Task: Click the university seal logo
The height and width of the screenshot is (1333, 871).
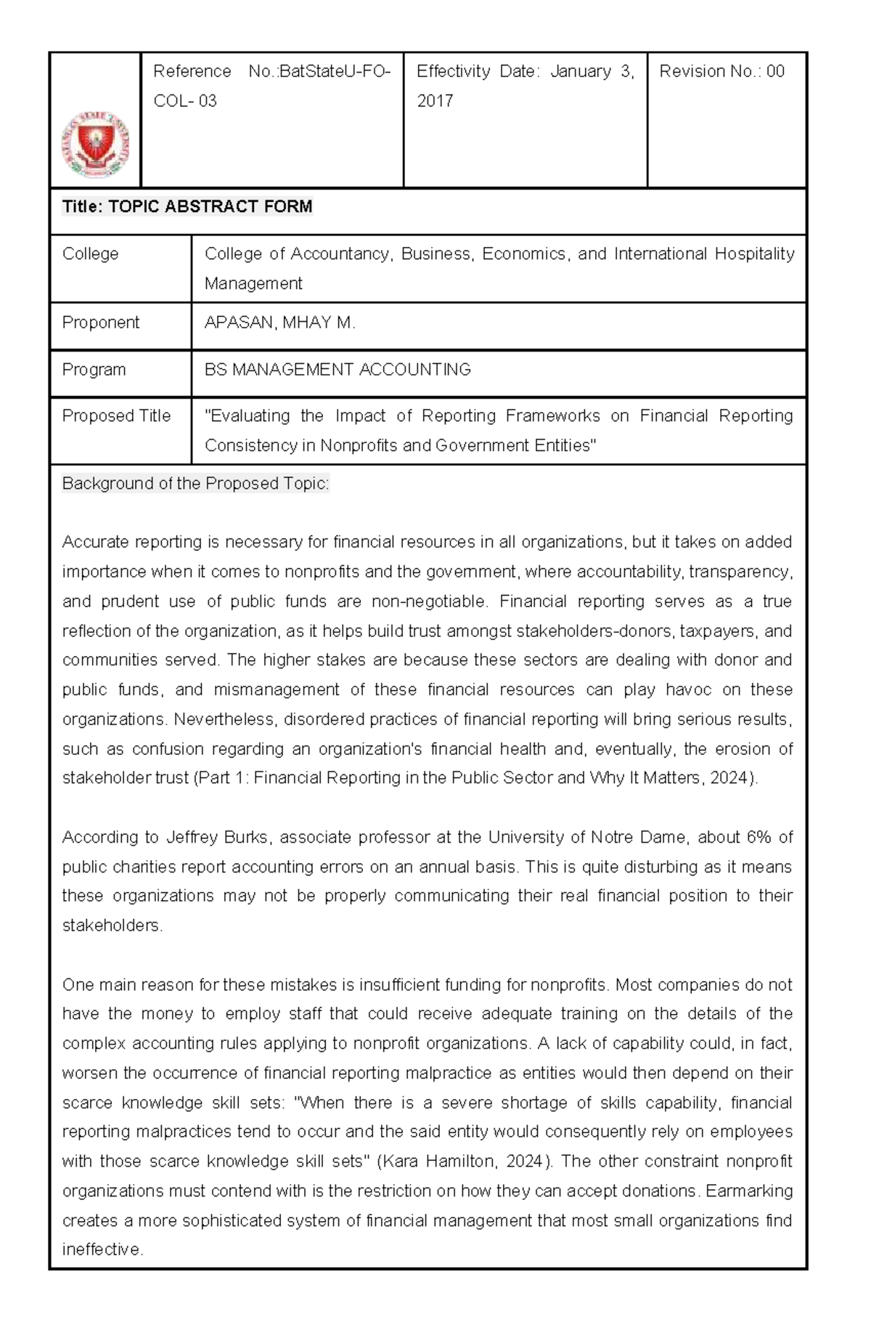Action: (95, 145)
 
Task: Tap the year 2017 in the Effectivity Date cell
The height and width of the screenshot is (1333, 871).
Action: (435, 101)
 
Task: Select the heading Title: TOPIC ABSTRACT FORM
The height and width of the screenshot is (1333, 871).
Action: (187, 207)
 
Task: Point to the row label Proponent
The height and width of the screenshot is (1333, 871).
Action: (100, 323)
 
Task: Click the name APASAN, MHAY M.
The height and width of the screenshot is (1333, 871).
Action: (279, 323)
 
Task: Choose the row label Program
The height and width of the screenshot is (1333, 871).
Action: (94, 370)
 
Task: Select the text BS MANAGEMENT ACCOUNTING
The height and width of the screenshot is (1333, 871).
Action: (338, 370)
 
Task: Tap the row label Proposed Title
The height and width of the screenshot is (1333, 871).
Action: (116, 416)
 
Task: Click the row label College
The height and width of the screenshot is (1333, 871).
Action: (90, 254)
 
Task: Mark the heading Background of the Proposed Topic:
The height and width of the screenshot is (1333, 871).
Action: (195, 484)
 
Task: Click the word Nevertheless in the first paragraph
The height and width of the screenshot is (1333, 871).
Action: (224, 719)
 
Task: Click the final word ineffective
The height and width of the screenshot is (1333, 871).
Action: (102, 1249)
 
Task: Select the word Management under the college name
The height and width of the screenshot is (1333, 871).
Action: (253, 283)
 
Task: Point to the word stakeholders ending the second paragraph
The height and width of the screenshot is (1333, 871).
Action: (111, 925)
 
